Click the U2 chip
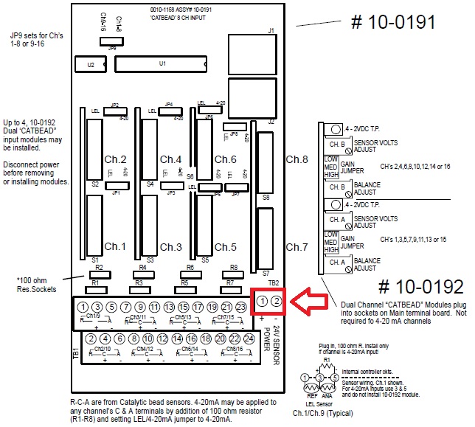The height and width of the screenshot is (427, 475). click(x=91, y=65)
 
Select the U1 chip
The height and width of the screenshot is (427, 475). click(x=162, y=65)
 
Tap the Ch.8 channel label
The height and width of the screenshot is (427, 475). click(x=297, y=159)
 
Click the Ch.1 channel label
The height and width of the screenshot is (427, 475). click(x=116, y=246)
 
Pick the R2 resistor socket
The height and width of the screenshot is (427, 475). click(x=100, y=274)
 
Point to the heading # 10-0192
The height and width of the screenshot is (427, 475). click(x=420, y=286)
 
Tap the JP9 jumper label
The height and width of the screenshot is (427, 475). click(x=111, y=47)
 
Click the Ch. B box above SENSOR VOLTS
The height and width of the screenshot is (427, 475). click(x=336, y=144)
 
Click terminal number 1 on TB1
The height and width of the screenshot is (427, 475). click(x=83, y=307)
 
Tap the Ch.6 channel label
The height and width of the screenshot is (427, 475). click(x=226, y=159)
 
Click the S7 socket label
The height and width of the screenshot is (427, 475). click(x=266, y=273)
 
